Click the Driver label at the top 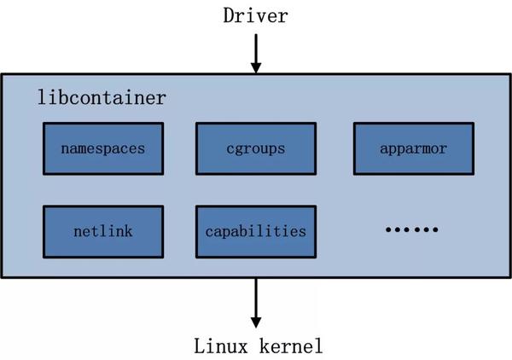click(x=255, y=16)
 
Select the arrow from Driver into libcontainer click(x=255, y=53)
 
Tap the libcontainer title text click(x=101, y=96)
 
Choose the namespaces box click(x=102, y=148)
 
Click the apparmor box click(x=413, y=148)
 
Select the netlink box click(x=102, y=231)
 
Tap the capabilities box click(x=256, y=231)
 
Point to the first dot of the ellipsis click(x=389, y=229)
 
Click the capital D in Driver click(x=229, y=16)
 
